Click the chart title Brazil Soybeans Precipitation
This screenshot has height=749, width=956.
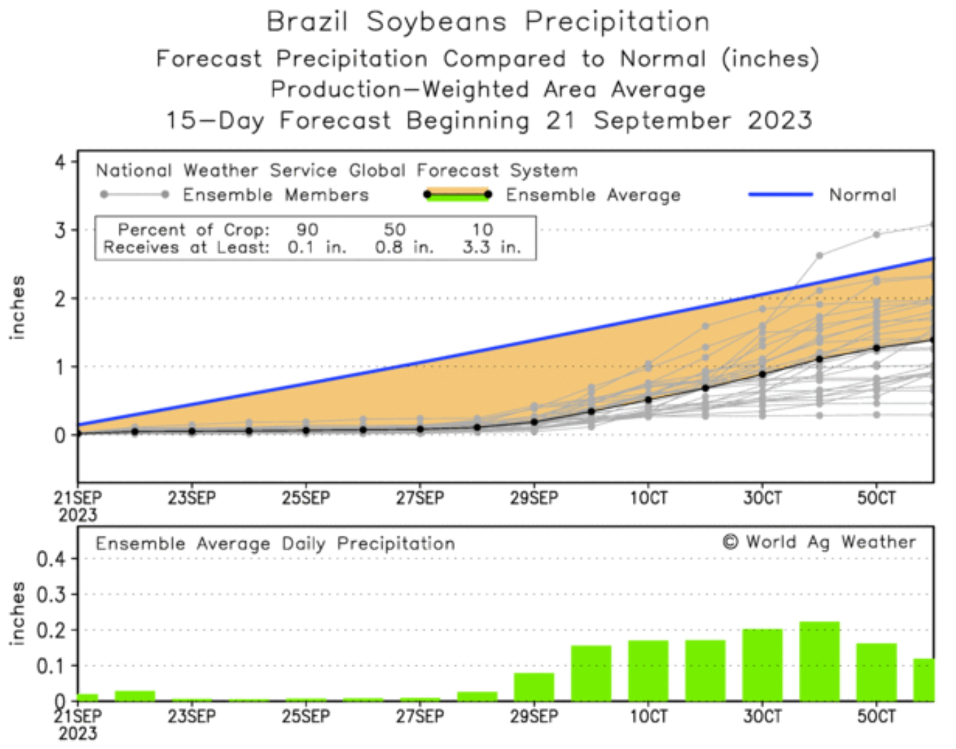point(488,22)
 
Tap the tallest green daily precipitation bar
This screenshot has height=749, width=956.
point(819,661)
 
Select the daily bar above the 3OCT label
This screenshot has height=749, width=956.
point(762,665)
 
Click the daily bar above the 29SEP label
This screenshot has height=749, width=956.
point(534,687)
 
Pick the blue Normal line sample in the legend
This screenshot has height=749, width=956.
point(781,195)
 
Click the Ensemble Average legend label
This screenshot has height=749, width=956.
point(592,195)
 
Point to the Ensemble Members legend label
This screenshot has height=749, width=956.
point(276,195)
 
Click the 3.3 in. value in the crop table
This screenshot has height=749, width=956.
point(492,247)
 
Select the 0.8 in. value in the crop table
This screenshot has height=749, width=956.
point(404,247)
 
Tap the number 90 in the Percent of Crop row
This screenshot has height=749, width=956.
point(307,230)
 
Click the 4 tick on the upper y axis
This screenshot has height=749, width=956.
point(61,162)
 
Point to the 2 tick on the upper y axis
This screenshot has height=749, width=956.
point(61,299)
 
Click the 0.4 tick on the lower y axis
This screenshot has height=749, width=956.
point(51,560)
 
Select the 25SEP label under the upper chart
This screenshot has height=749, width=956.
point(306,498)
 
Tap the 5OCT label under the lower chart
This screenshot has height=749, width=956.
point(876,717)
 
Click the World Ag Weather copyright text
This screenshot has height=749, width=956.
point(819,542)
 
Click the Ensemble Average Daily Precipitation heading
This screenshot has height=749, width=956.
point(275,544)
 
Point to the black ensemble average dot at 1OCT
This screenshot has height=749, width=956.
point(649,400)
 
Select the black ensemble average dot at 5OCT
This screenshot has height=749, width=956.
point(876,348)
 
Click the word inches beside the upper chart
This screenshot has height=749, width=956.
point(18,308)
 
